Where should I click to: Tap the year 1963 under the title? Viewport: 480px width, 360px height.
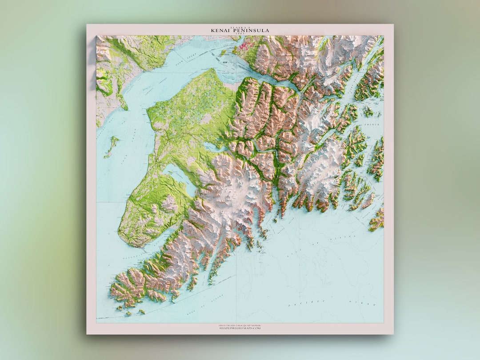(x=240, y=34)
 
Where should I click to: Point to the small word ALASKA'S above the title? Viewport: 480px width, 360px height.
(x=240, y=27)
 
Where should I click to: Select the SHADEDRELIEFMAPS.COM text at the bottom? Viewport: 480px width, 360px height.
(x=240, y=328)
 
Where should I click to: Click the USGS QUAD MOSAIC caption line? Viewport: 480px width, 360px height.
(x=240, y=325)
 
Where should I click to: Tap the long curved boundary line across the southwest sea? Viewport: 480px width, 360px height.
(x=178, y=302)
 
